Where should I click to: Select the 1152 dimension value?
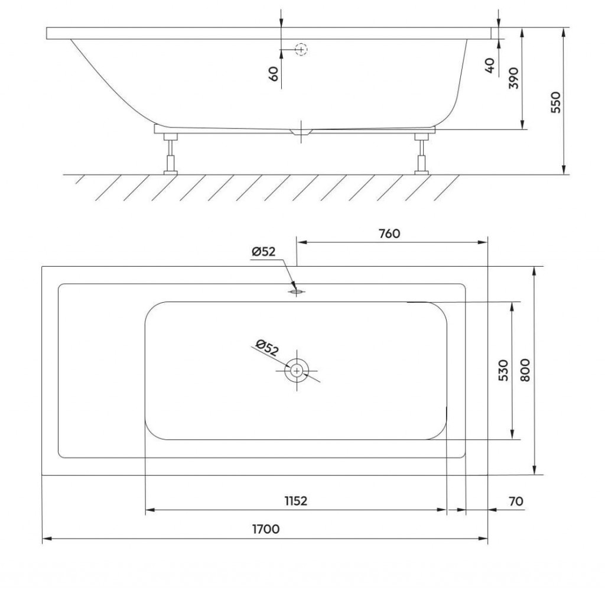[x=296, y=501]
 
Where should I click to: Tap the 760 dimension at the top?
[x=389, y=234]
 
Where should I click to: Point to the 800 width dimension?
[x=525, y=370]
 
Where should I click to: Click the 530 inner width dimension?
[x=503, y=370]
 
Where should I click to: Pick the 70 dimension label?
[x=516, y=501]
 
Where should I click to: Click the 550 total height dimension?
[x=555, y=102]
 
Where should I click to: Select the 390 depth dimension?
[x=514, y=78]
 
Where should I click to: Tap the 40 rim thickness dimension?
[x=489, y=65]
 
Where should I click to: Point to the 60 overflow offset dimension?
[x=273, y=73]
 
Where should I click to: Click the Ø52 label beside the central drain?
[x=266, y=347]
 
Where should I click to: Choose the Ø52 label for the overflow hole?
[x=264, y=252]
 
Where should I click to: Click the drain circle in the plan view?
[x=297, y=371]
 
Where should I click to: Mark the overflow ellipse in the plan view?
[x=297, y=292]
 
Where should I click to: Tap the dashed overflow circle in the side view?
[x=301, y=50]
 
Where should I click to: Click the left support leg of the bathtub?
[x=170, y=154]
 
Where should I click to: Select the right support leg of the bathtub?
[x=421, y=154]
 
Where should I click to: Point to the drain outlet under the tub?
[x=301, y=132]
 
